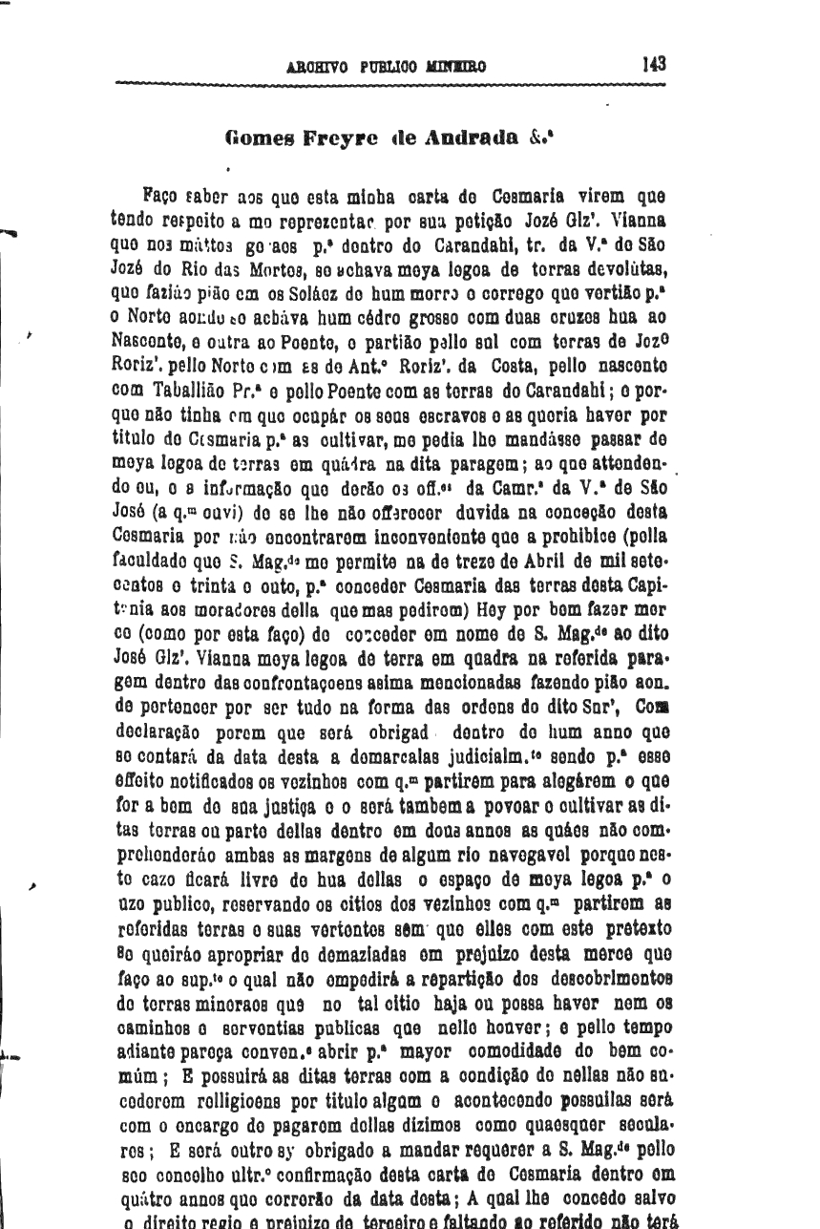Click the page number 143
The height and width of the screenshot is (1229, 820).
pyautogui.click(x=654, y=65)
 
